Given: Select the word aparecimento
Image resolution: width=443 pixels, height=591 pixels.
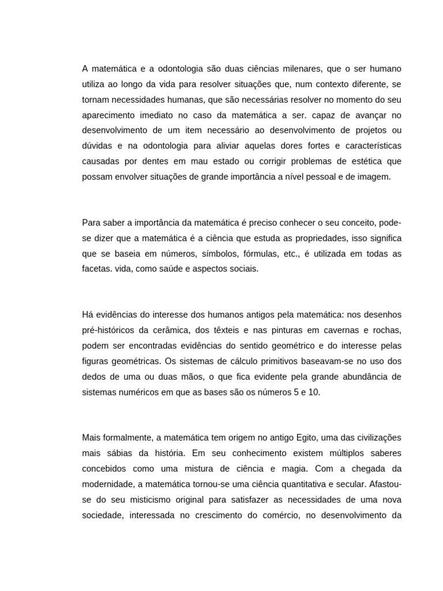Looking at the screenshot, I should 108,115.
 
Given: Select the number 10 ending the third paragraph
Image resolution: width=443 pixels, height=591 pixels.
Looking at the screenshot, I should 313,392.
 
